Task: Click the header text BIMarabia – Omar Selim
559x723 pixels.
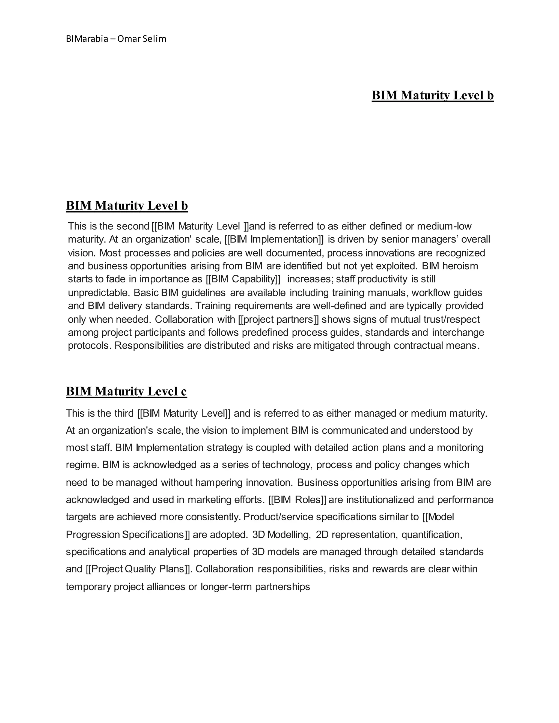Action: pos(116,39)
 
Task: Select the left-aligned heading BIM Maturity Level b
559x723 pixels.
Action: pos(127,206)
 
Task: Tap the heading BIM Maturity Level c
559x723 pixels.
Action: pos(126,392)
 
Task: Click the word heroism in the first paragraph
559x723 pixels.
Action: pos(460,266)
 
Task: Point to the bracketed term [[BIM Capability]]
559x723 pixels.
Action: pos(243,279)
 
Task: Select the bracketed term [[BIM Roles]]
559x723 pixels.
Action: pos(297,500)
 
